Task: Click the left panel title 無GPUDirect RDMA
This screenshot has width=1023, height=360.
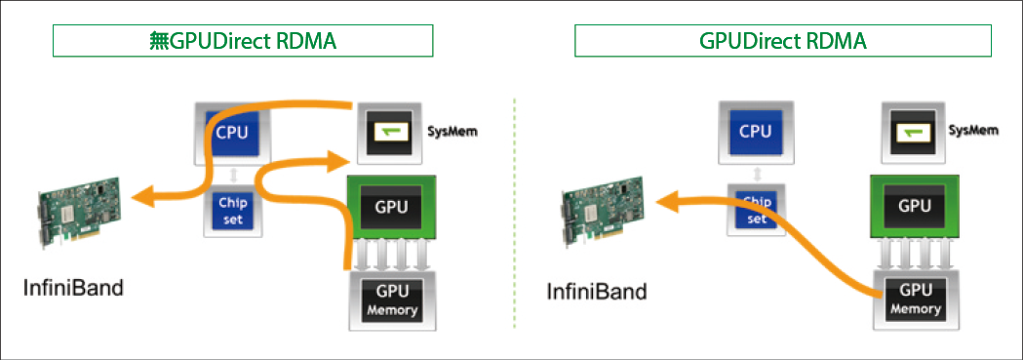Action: [243, 41]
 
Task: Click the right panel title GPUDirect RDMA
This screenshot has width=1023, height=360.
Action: [783, 41]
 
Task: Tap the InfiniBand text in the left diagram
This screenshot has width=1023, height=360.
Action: [74, 289]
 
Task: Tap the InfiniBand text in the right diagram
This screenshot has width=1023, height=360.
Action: [597, 290]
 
